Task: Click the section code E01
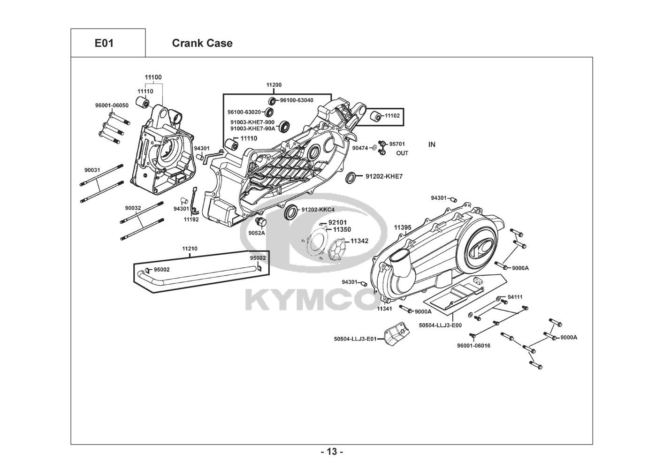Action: [x=104, y=43]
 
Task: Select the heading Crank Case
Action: [x=202, y=43]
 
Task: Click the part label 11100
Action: [x=153, y=77]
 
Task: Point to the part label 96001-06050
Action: [x=112, y=106]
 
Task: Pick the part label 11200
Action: [x=274, y=85]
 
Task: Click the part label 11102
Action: [x=392, y=115]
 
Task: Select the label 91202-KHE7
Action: [x=384, y=176]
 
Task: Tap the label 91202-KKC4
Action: [x=318, y=210]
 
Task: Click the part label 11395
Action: [x=403, y=227]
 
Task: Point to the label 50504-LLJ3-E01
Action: [x=355, y=339]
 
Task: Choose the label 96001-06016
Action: [x=473, y=346]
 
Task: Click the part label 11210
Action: [x=190, y=249]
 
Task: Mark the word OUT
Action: [x=402, y=153]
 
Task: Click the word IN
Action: [x=432, y=144]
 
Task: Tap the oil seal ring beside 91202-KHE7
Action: [x=351, y=177]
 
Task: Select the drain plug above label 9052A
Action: [x=261, y=222]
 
